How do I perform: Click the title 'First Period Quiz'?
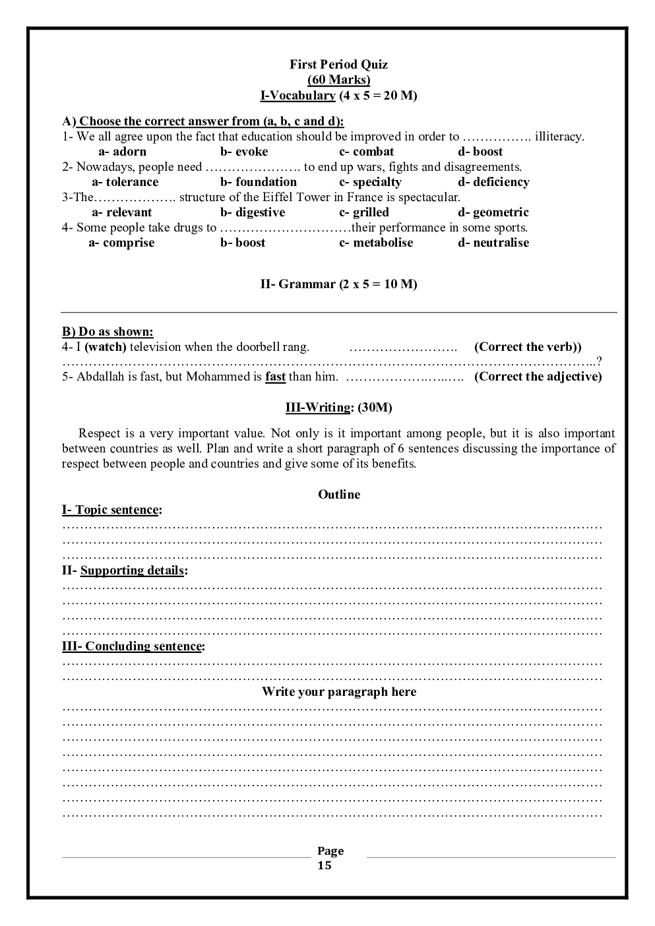338,65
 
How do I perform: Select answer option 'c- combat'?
366,152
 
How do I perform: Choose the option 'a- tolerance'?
125,182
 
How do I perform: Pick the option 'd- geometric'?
493,212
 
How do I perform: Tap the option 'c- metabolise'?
376,243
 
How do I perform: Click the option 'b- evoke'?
244,152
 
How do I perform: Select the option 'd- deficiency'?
493,182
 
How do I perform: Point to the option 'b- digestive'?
253,212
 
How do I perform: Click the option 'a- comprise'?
121,243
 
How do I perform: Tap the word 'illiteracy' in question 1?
559,137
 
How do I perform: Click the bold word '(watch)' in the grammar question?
106,347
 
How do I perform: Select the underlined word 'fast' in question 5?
275,377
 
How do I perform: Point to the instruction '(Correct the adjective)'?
538,377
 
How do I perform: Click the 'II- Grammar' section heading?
338,284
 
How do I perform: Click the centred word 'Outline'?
339,495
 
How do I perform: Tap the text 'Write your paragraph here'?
339,692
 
